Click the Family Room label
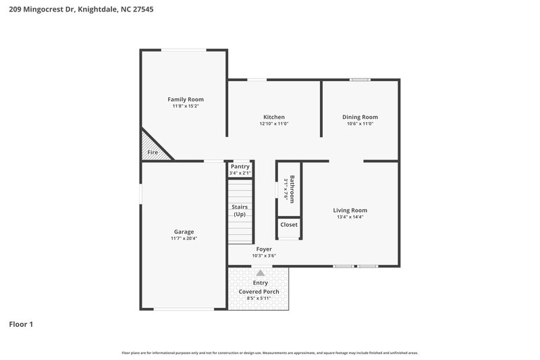186,99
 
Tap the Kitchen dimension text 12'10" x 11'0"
274,124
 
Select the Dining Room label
360,117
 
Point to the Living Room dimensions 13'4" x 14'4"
350,217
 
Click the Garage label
184,232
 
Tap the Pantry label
240,166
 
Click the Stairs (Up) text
240,211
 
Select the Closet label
289,224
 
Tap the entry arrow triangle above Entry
260,272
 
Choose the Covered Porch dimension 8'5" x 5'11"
259,298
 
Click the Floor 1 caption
21,324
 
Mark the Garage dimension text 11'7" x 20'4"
184,238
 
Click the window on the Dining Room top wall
360,80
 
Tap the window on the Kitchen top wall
256,80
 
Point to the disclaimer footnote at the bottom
269,353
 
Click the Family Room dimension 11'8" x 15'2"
186,106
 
